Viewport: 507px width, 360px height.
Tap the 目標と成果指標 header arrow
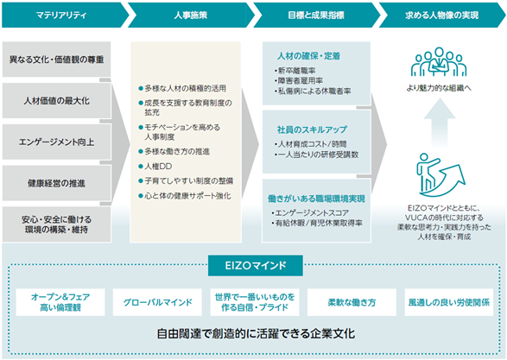316,16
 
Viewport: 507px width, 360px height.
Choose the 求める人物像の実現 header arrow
441,16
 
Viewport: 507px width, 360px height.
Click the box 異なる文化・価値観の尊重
57,60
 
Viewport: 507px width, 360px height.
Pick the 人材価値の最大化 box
57,100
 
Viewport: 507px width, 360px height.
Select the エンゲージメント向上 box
57,142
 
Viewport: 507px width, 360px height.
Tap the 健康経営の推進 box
57,183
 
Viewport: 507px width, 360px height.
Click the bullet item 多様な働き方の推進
174,152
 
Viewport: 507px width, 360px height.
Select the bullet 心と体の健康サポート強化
185,196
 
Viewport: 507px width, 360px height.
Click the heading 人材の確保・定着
308,56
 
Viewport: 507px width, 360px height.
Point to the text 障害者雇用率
299,81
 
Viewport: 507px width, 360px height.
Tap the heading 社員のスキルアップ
312,129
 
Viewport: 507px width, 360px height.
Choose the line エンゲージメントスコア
310,213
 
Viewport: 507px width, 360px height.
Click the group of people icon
439,62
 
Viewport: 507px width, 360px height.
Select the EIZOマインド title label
256,266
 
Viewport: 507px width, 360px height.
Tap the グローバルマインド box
157,302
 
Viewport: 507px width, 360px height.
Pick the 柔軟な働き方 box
352,302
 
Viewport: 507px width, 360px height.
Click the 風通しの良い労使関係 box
449,302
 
